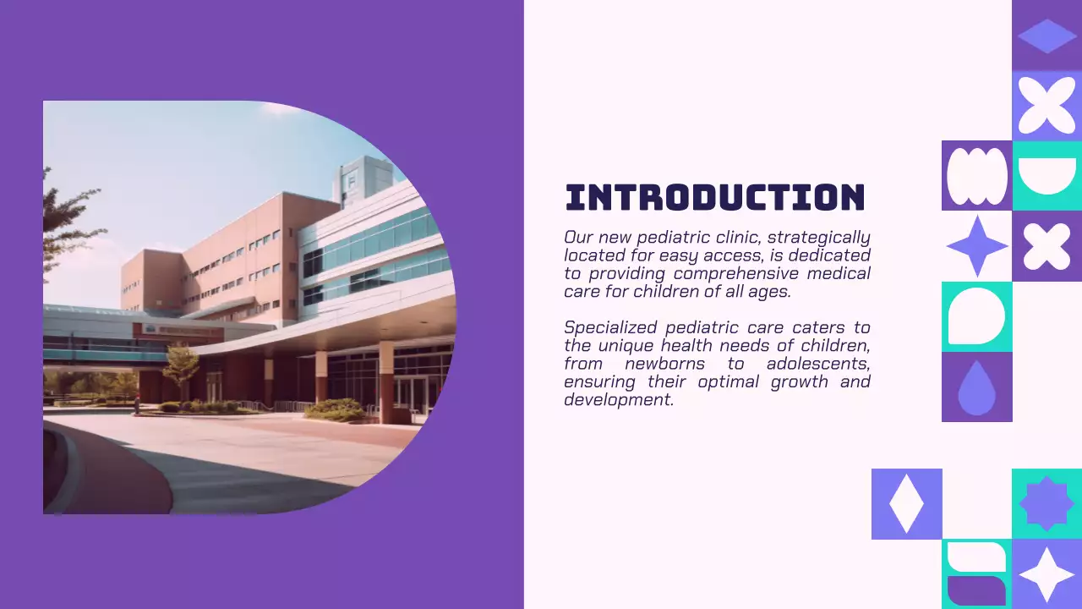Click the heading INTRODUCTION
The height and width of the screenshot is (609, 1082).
point(715,197)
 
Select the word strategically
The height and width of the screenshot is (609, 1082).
point(818,238)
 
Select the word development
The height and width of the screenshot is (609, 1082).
point(618,399)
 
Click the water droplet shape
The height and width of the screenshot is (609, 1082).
point(976,388)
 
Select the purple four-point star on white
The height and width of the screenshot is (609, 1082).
point(976,246)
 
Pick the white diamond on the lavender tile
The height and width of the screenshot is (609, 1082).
point(906,504)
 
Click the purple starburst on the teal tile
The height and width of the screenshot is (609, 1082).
point(1046,504)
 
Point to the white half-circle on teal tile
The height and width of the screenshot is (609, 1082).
point(1046,176)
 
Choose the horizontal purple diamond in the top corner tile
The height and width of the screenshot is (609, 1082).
point(1046,36)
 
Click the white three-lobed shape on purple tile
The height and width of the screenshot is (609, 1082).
point(976,176)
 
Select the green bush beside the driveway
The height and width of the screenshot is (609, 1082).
point(336,409)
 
